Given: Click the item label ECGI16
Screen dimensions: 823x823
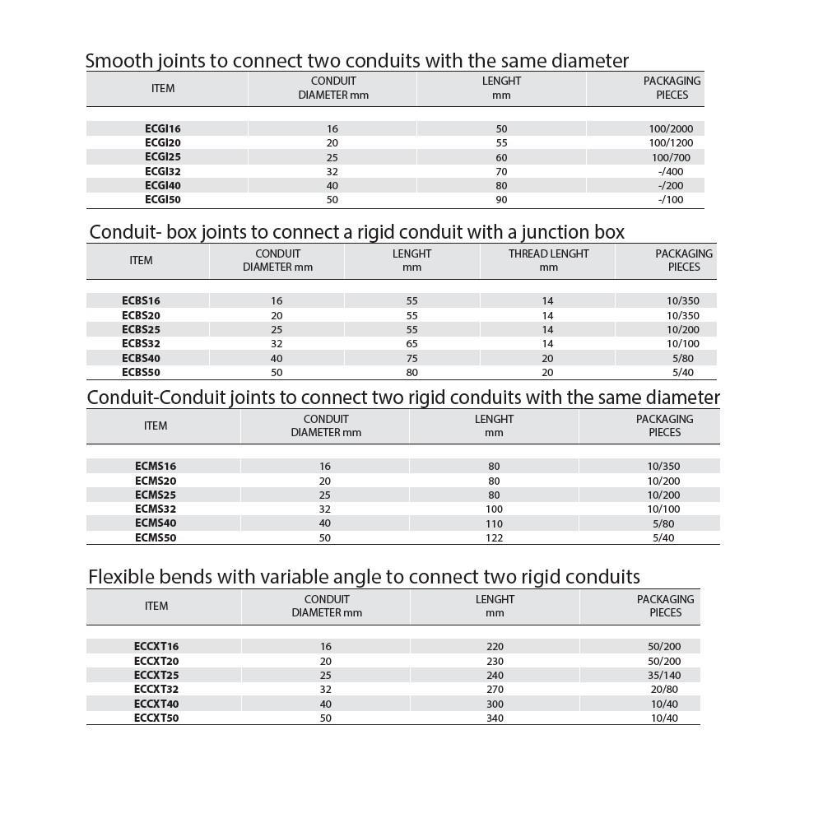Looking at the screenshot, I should click(162, 128).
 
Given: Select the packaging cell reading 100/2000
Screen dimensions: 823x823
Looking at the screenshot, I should click(671, 128).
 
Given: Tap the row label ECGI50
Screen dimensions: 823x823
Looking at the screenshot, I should click(162, 199).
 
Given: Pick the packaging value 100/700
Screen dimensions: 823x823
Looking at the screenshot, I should click(671, 157).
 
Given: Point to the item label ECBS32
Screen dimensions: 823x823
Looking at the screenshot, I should click(141, 343).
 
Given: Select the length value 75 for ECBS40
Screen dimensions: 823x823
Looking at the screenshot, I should click(411, 358).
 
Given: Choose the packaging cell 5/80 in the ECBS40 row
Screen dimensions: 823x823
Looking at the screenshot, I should click(683, 358).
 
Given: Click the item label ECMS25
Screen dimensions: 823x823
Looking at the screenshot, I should click(156, 495).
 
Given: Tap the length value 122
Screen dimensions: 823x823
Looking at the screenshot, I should click(494, 537).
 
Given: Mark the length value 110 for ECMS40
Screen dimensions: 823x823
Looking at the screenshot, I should click(494, 523).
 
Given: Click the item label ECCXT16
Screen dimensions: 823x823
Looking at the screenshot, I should click(156, 646).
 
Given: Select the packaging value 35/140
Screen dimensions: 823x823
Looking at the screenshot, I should click(664, 675).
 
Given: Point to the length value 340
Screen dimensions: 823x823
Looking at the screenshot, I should click(495, 718).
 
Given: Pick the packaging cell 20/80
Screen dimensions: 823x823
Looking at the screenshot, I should click(664, 689).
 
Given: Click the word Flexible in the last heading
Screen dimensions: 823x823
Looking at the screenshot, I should click(119, 577).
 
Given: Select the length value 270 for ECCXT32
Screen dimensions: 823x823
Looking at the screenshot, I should click(495, 689).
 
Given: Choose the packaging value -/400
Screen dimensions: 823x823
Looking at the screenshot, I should click(671, 171).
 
